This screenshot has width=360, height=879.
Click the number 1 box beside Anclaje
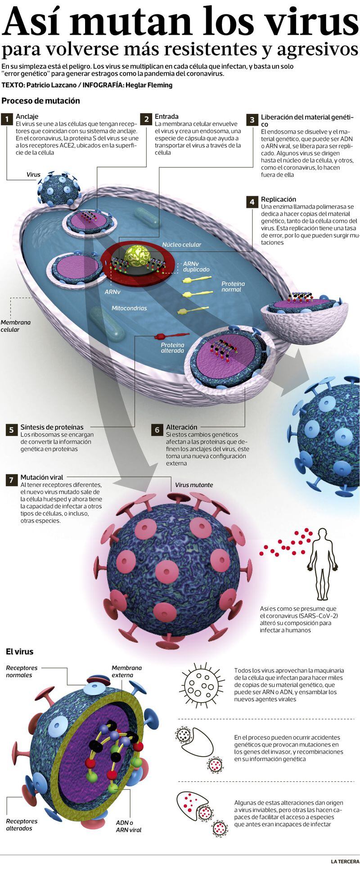pos(7,119)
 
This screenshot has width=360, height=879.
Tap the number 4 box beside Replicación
pos(252,202)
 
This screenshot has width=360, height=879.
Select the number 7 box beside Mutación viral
pos(11,480)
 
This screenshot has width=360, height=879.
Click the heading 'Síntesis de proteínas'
pos(52,427)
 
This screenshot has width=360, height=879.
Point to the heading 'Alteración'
pos(182,427)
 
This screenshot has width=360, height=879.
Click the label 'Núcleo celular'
pos(181,245)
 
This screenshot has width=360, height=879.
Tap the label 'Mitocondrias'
pos(129,308)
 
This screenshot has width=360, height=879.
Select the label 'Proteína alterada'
pos(172,347)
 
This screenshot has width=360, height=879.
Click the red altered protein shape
pos(171,335)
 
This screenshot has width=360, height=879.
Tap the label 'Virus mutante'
pos(194,485)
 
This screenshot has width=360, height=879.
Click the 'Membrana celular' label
pos(16,326)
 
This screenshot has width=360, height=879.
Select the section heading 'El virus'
pos(19,651)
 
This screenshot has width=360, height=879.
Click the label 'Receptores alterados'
pos(22,825)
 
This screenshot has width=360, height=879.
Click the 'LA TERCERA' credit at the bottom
pos(345,861)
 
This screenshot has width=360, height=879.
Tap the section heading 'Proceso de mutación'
pos(40,101)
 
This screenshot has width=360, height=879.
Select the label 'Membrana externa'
pos(126,672)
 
